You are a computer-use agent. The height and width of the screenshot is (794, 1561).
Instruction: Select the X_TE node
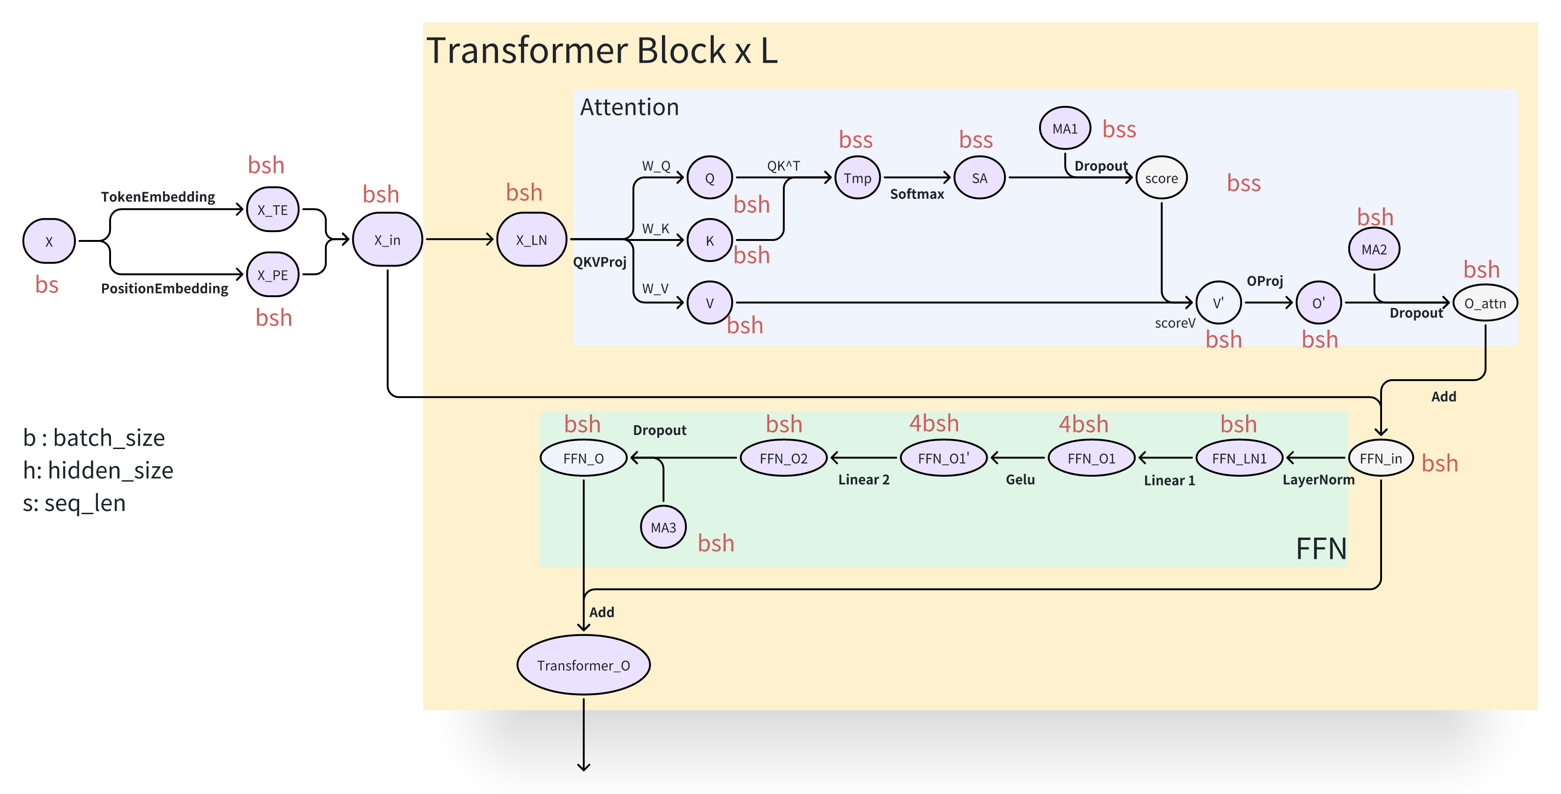tap(273, 210)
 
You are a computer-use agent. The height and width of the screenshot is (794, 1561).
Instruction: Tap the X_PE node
tap(273, 275)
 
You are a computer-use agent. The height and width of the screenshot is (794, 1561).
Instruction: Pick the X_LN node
tap(531, 240)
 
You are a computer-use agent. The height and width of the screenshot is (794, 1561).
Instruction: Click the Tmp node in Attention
tap(857, 178)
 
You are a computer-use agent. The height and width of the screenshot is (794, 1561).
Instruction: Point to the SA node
tap(979, 178)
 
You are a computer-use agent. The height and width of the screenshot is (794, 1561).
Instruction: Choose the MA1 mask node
tap(1065, 128)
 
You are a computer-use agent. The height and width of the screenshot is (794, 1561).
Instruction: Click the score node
tap(1161, 178)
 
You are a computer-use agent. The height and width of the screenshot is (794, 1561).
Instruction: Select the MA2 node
tap(1374, 249)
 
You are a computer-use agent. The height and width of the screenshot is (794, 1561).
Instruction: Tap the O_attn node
tap(1485, 303)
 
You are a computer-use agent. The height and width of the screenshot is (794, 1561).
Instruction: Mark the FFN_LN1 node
tap(1239, 458)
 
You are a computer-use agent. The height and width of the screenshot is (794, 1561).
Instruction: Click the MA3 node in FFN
tap(663, 527)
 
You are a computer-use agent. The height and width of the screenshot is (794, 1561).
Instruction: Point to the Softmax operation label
tap(917, 194)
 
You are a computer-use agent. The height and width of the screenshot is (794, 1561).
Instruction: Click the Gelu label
tap(1020, 479)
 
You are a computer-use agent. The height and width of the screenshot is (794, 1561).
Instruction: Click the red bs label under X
tap(47, 285)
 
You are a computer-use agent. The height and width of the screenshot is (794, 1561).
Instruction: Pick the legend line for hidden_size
tap(98, 470)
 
